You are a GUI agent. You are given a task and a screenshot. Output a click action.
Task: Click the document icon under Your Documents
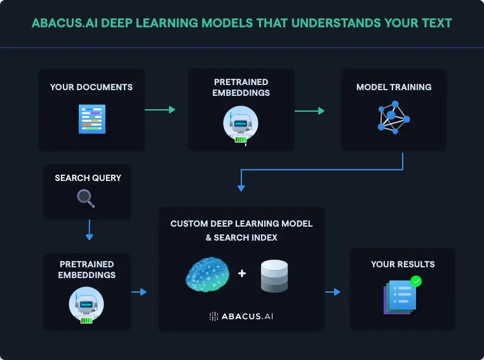(x=91, y=119)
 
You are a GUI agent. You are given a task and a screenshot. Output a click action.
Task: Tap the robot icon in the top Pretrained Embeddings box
(x=240, y=125)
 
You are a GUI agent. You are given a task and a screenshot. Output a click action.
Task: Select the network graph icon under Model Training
(x=393, y=116)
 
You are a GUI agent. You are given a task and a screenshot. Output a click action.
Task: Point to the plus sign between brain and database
(x=241, y=274)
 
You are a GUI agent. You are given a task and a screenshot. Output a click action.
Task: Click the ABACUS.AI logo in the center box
(x=241, y=316)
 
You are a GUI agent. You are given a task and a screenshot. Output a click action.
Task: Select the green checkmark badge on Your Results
(x=416, y=281)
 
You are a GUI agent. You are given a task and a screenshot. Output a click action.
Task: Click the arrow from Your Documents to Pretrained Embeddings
(x=159, y=110)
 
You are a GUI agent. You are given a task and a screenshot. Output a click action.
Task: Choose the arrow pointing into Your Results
(x=333, y=292)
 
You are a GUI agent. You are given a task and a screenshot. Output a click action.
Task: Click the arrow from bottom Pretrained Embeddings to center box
(x=138, y=292)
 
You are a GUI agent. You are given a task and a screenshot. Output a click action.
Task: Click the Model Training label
(x=394, y=87)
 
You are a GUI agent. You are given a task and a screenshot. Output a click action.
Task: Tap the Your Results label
(x=403, y=264)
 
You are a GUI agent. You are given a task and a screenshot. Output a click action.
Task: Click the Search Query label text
(x=88, y=178)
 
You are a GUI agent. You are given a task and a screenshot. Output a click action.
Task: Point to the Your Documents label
(x=91, y=87)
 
